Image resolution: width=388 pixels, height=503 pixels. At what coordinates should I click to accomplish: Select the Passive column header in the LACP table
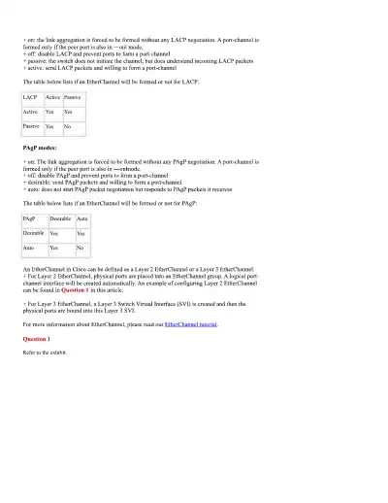(x=72, y=98)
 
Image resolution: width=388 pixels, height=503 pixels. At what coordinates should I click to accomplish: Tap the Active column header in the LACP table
(x=52, y=98)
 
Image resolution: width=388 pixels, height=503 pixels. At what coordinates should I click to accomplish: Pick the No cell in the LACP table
(x=68, y=126)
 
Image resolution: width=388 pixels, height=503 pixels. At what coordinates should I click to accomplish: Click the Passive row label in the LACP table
(x=31, y=126)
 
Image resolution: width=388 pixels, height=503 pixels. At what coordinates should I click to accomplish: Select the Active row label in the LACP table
(x=30, y=112)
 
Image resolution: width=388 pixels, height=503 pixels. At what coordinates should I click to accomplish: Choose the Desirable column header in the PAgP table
(x=59, y=220)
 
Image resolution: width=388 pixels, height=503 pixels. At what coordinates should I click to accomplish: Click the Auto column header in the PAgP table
(x=81, y=220)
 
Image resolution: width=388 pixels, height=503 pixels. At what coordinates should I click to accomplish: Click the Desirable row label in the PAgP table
(x=33, y=234)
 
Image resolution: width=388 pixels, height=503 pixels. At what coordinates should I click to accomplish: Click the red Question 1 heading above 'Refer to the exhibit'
(x=37, y=337)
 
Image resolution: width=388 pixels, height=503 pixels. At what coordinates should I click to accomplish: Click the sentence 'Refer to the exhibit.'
(x=44, y=351)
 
